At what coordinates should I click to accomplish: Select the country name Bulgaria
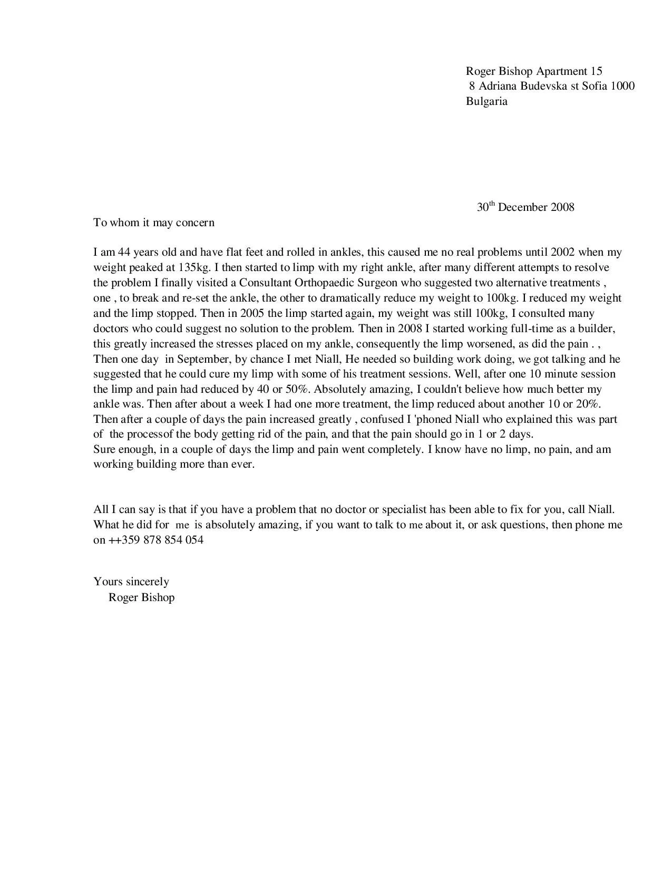[x=486, y=101]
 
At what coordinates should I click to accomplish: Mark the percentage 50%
[x=297, y=390]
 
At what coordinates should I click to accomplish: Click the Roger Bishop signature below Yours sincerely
[x=141, y=597]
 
